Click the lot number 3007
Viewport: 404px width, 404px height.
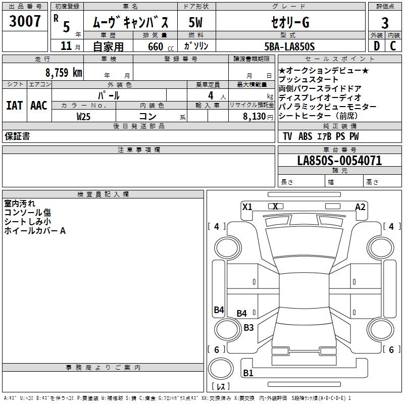[25, 22]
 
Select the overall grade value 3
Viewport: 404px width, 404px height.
[385, 23]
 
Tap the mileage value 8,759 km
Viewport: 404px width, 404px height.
[63, 72]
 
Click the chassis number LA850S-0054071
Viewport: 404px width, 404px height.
[339, 161]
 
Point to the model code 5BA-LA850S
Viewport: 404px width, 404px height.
[289, 46]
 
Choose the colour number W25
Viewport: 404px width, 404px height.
[84, 116]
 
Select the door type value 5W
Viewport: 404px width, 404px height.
[196, 23]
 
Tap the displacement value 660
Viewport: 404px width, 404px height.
[156, 46]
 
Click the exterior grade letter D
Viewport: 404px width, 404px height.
[376, 46]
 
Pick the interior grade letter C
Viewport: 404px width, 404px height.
[393, 46]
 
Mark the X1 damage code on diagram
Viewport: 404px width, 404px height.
[247, 207]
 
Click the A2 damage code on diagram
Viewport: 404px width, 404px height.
[360, 207]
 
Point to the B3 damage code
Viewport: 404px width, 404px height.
[248, 327]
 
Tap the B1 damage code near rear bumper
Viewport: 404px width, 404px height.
[248, 373]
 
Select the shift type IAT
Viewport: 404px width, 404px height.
[14, 106]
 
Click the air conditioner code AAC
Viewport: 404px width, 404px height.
[38, 106]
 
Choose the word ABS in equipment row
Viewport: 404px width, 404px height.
[305, 136]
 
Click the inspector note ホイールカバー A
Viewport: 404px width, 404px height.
[35, 231]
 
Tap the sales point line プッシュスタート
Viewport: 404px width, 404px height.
[309, 80]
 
